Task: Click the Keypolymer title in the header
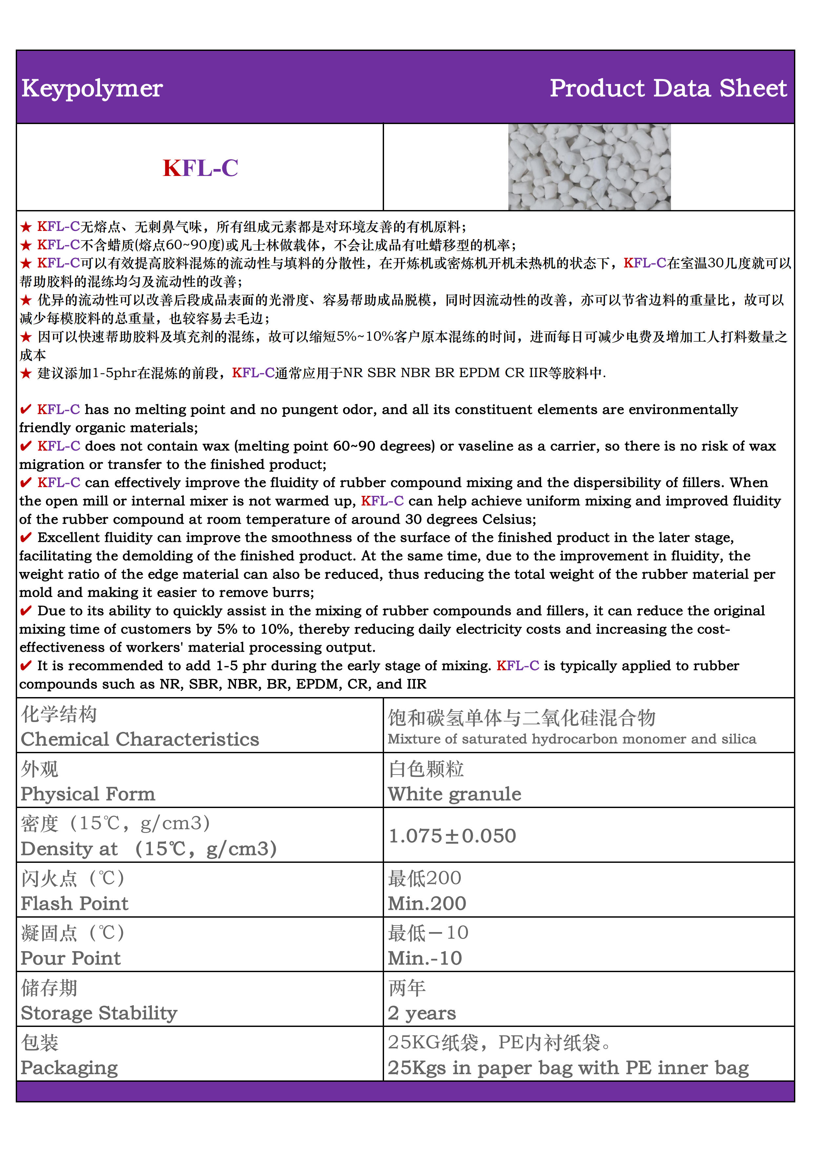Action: (92, 89)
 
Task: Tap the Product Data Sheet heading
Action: (668, 89)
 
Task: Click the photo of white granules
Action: (589, 167)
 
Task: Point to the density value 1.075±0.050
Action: (452, 836)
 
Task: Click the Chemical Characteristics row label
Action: (140, 739)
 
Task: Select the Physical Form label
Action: (88, 794)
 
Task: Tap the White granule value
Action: (455, 794)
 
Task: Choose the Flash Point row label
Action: (74, 904)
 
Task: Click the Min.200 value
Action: (427, 904)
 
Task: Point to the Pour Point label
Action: (71, 958)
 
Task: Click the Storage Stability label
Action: (99, 1013)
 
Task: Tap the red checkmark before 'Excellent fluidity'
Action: (26, 538)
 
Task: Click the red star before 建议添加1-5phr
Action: (26, 373)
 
